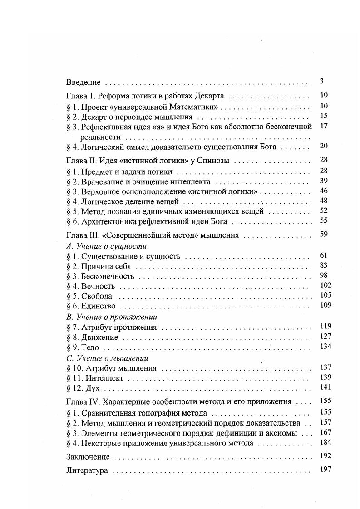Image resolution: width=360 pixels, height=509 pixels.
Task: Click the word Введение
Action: [x=83, y=83]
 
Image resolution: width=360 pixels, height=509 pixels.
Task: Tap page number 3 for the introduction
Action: [x=321, y=82]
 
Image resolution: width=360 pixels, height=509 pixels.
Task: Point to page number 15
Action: [x=323, y=116]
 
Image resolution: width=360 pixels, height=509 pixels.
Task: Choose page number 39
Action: [x=323, y=181]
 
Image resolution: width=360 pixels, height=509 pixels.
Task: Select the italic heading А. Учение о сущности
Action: [x=106, y=246]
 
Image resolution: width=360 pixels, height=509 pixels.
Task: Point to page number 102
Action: [x=325, y=285]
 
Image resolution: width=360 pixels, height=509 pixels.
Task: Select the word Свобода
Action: [x=96, y=296]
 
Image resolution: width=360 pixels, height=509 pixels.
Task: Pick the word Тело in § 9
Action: [x=90, y=347]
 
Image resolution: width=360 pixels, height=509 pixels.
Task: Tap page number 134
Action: [x=325, y=347]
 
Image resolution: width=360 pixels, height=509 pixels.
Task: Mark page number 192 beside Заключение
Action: [x=325, y=455]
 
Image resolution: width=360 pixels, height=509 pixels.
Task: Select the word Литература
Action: [x=87, y=470]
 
